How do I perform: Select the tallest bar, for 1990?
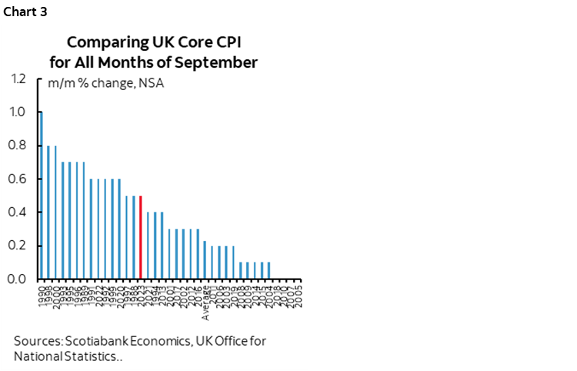tap(41, 196)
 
